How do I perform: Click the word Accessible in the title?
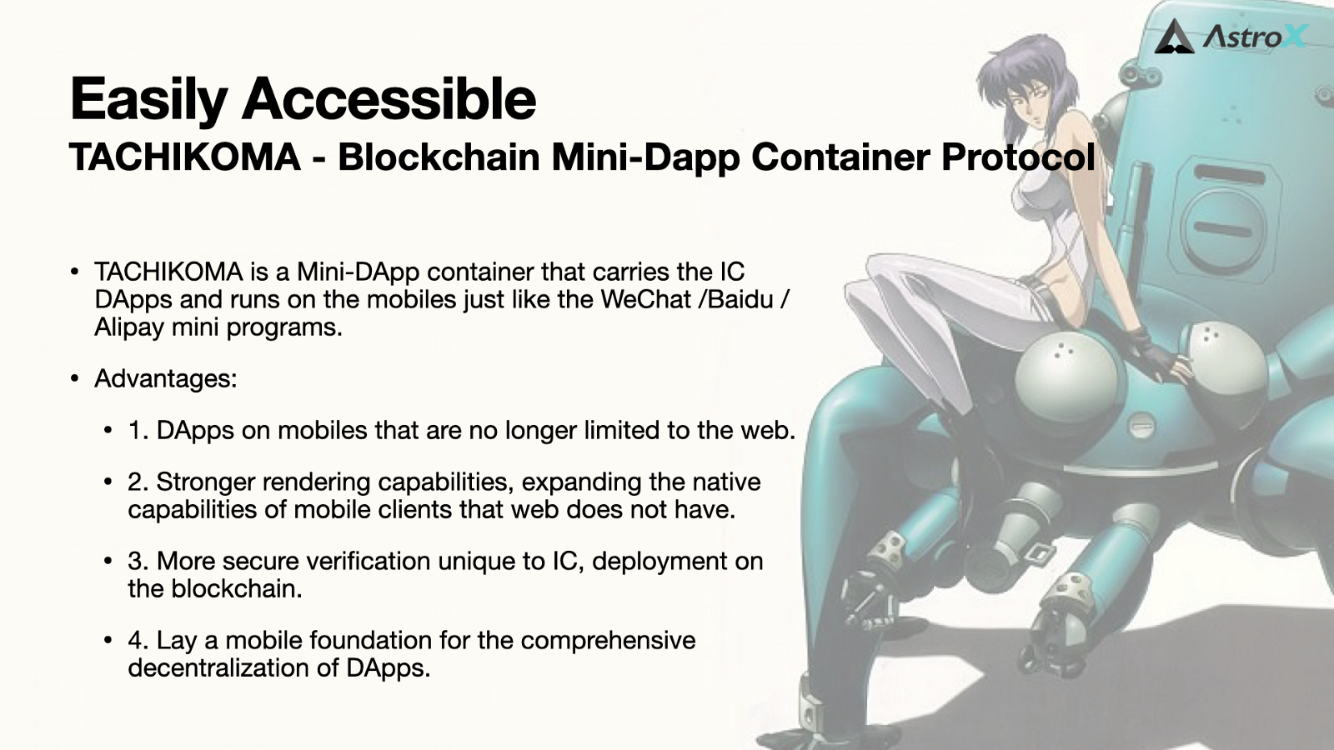click(x=389, y=98)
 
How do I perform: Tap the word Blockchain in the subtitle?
click(x=439, y=157)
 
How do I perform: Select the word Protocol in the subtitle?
click(x=1018, y=157)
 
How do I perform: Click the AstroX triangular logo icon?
click(x=1174, y=37)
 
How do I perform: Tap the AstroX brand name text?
click(x=1254, y=37)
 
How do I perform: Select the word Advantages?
click(x=166, y=379)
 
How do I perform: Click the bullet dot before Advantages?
click(x=74, y=379)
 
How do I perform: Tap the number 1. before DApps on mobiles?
click(x=138, y=430)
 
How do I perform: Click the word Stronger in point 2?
click(x=206, y=482)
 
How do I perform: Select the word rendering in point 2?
click(x=316, y=482)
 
